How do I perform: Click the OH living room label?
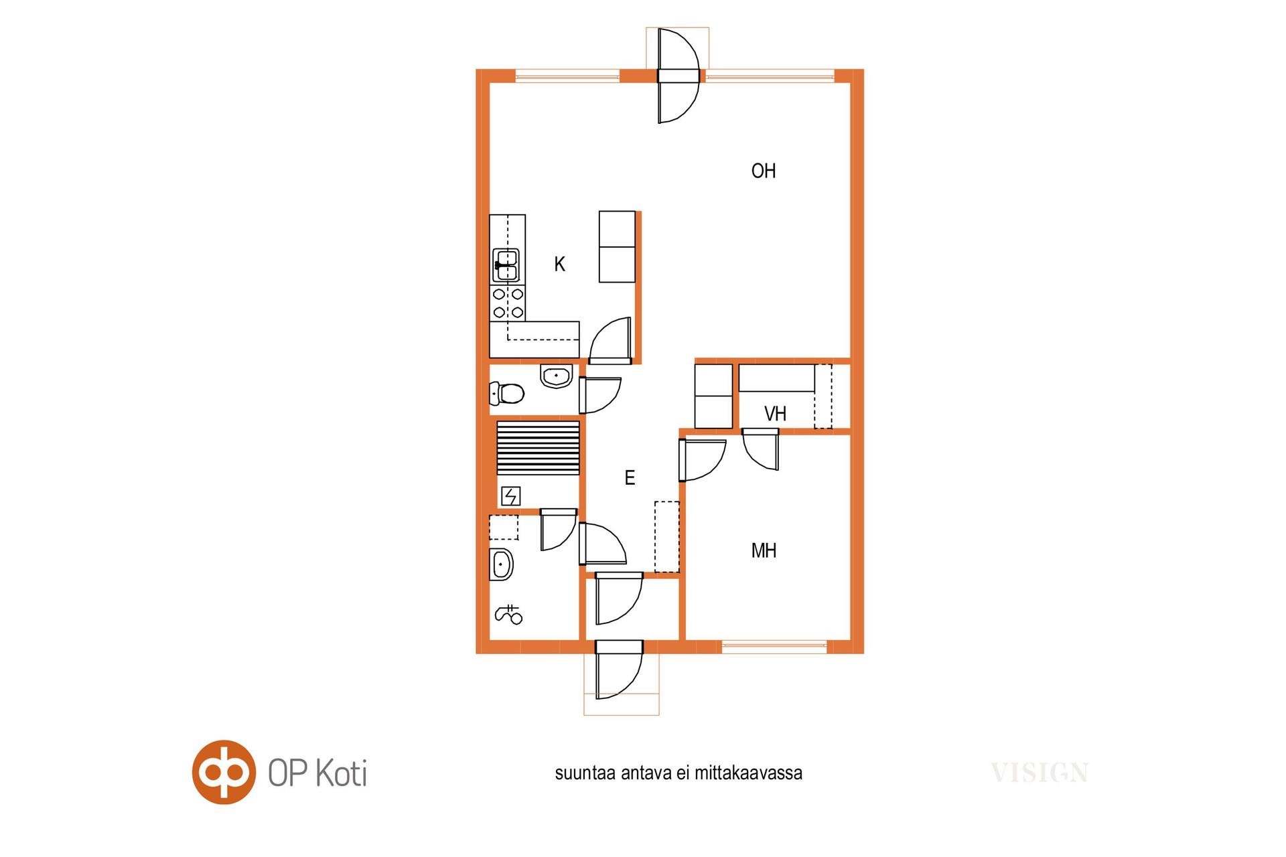coord(764,171)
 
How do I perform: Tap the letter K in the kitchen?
coord(559,264)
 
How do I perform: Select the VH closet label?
coord(775,414)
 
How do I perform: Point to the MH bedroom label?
coord(764,550)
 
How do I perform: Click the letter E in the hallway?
coord(630,477)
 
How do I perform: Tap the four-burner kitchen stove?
coord(508,303)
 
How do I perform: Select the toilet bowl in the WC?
coord(506,394)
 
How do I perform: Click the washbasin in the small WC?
coord(556,376)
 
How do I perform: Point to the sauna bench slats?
coord(538,448)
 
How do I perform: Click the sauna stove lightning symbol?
coord(510,496)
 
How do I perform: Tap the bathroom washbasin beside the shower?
coord(501,564)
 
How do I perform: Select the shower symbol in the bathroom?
coord(508,615)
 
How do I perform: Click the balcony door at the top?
coord(678,76)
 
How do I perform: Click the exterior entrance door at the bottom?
coord(619,670)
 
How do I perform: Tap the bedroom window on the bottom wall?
coord(774,647)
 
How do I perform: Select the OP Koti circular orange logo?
coord(224,772)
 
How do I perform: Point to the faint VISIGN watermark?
coord(1040,773)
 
